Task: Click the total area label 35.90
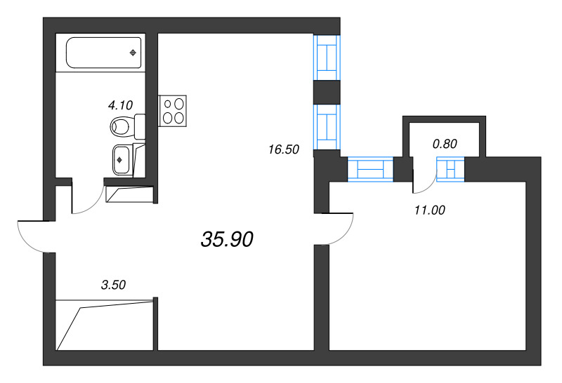coord(227,240)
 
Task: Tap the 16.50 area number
coord(284,149)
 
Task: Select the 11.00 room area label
coord(430,209)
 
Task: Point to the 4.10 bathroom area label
coord(120,105)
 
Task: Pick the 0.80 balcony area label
coord(445,145)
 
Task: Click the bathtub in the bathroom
coord(103,53)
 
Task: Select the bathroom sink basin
coord(122,159)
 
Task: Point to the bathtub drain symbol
coord(133,53)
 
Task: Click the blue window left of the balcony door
coord(370,169)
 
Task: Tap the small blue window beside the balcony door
coord(450,169)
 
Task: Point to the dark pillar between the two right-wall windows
coord(326,91)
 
